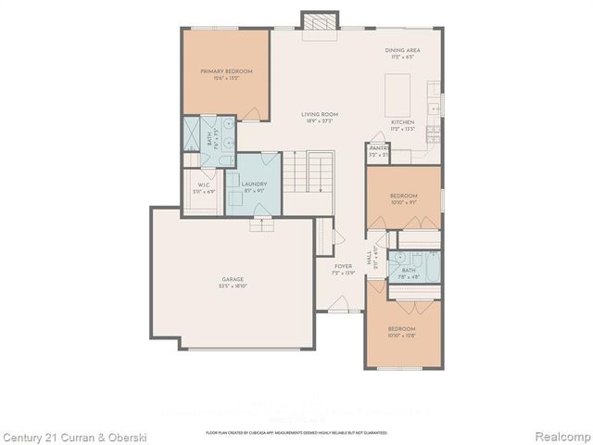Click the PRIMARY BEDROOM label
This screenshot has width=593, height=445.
(226, 71)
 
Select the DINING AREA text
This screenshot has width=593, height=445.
(402, 52)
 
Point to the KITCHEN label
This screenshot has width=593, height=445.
(402, 122)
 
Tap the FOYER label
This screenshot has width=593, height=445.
(344, 267)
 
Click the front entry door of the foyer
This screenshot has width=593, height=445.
(340, 304)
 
